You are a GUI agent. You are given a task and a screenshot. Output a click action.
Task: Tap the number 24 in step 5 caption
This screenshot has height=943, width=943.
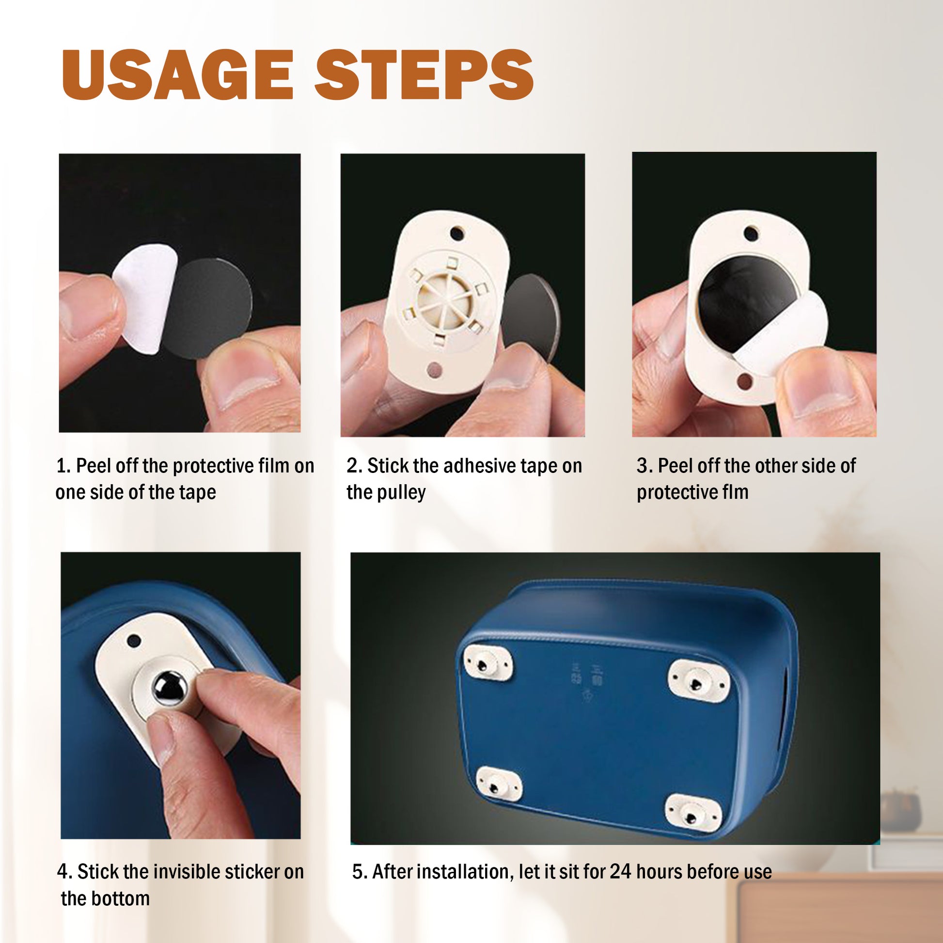620,871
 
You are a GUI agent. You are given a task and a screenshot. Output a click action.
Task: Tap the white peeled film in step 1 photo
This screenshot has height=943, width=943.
144,298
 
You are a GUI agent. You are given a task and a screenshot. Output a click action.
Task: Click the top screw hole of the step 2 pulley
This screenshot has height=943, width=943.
456,233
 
